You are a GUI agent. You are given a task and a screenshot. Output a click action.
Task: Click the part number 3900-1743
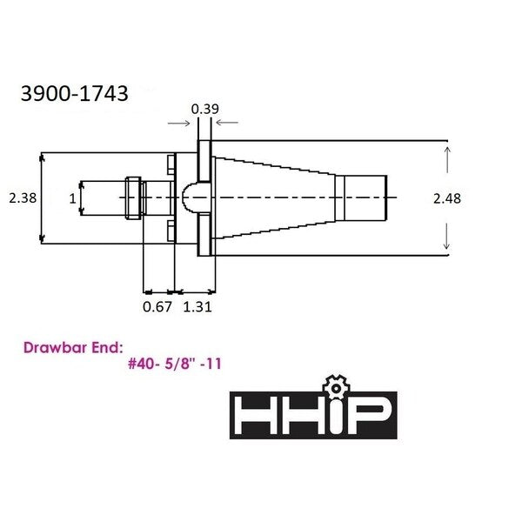pyautogui.click(x=75, y=94)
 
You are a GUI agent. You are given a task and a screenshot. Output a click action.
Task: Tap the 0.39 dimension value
pyautogui.click(x=205, y=110)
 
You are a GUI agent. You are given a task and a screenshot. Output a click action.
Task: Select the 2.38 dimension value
pyautogui.click(x=23, y=198)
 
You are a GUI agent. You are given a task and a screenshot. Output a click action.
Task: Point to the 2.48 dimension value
pyautogui.click(x=447, y=198)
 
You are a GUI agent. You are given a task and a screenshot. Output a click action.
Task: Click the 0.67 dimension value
pyautogui.click(x=157, y=306)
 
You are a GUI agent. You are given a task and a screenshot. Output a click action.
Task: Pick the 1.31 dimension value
pyautogui.click(x=197, y=306)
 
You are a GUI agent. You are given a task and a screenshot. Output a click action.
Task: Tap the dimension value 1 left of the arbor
pyautogui.click(x=72, y=198)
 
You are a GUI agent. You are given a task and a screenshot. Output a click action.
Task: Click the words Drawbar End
pyautogui.click(x=73, y=348)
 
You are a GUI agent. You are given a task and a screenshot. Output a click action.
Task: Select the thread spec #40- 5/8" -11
pyautogui.click(x=175, y=364)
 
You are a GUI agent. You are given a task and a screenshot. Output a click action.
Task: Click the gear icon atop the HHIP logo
pyautogui.click(x=336, y=387)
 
